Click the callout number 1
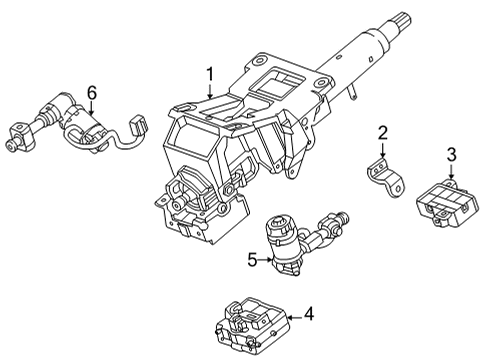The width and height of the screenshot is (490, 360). [210, 73]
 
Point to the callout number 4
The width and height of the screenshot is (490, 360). [309, 314]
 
